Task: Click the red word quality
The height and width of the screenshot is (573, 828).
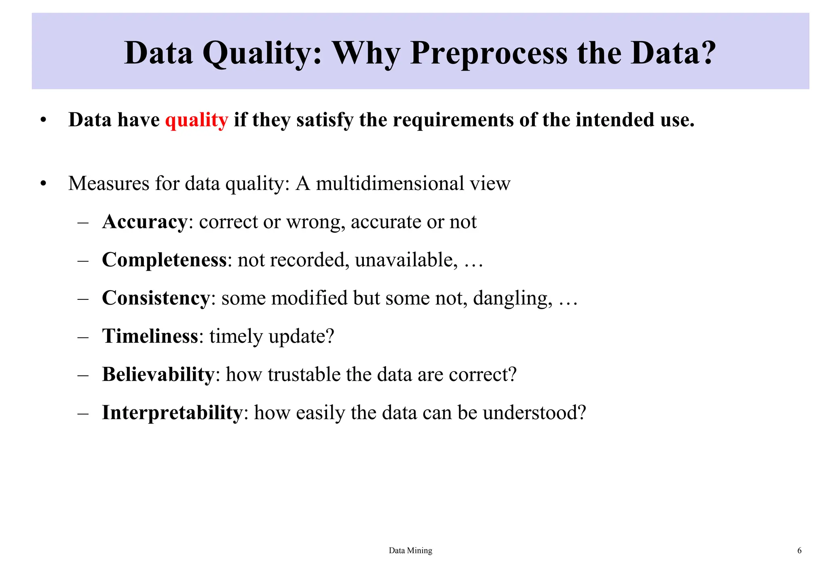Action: tap(196, 120)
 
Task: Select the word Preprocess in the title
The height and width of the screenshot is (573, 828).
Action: tap(489, 53)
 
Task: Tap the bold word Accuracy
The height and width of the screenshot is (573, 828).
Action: tap(144, 222)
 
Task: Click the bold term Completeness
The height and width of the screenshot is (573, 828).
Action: tap(164, 260)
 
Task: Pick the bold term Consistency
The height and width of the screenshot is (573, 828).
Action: tap(156, 298)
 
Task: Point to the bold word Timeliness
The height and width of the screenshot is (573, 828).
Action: tap(150, 336)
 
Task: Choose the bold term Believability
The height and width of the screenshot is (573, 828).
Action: tap(158, 374)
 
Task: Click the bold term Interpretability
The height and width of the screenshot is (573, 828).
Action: tap(172, 413)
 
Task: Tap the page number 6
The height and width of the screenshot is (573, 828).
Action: tap(799, 550)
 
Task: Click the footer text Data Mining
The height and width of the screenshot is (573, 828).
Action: tap(410, 550)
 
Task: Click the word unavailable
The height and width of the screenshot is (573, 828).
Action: tap(406, 260)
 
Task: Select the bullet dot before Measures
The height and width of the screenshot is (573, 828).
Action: tap(44, 184)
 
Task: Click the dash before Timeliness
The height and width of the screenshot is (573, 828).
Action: tap(83, 337)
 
